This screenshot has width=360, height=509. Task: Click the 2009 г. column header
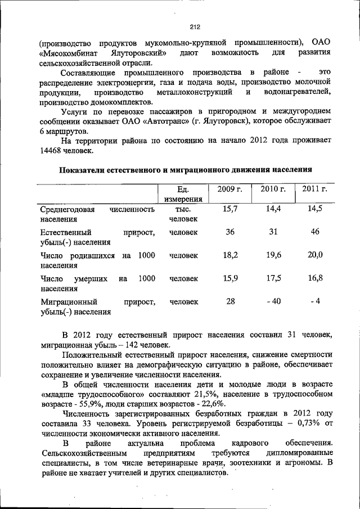[229, 189]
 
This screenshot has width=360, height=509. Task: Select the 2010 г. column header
[273, 189]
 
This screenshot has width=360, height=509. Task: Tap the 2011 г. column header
[314, 189]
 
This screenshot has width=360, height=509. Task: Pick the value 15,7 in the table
[230, 209]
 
